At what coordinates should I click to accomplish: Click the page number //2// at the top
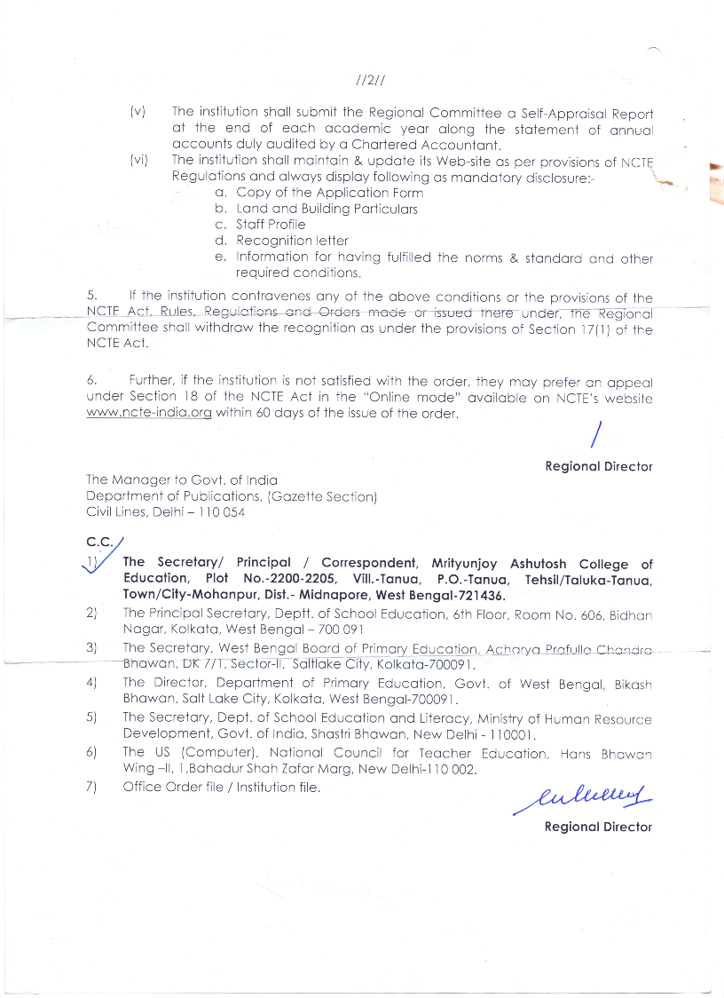368,81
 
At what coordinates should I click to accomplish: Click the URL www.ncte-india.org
149,415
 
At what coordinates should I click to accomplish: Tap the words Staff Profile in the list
270,225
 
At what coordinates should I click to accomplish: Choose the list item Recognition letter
292,241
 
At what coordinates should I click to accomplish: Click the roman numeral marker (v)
138,113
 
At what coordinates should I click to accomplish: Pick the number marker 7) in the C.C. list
90,787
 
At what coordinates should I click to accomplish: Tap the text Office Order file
173,787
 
